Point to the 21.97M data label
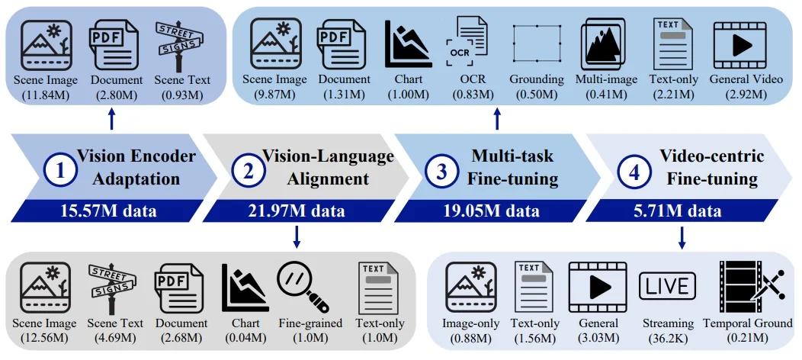pyautogui.click(x=295, y=211)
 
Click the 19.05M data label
pyautogui.click(x=492, y=211)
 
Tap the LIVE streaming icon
pyautogui.click(x=668, y=287)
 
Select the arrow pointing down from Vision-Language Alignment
pyautogui.click(x=296, y=237)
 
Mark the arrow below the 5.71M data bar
pyautogui.click(x=682, y=237)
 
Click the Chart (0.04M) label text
pyautogui.click(x=245, y=329)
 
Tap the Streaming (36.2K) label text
pyautogui.click(x=668, y=329)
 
